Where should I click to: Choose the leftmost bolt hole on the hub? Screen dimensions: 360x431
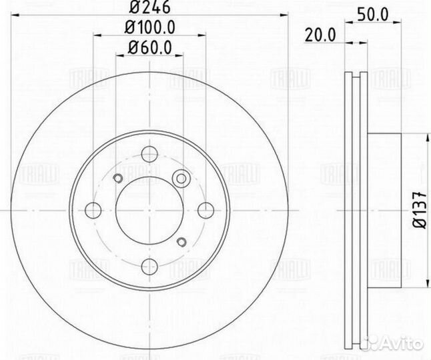click(93, 209)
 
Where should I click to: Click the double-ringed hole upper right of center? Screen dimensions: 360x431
click(180, 178)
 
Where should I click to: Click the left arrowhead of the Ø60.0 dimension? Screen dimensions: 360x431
click(119, 56)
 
